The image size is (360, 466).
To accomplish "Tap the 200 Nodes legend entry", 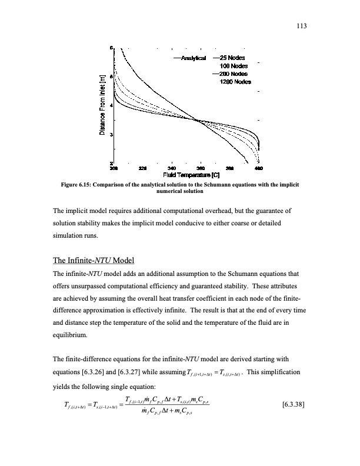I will tap(233, 74).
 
